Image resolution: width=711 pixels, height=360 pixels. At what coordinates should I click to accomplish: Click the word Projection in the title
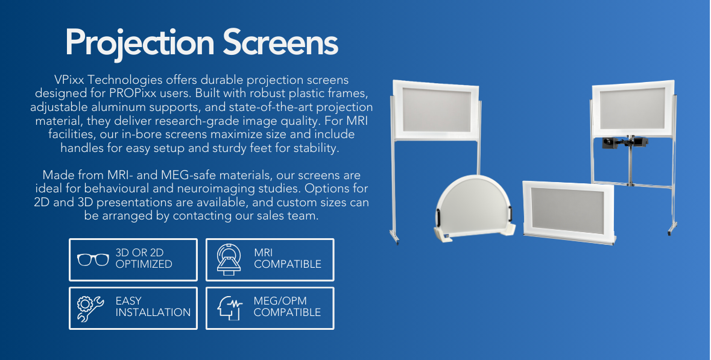tap(140, 43)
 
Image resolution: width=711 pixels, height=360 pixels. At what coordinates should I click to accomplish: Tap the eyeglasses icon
tap(93, 259)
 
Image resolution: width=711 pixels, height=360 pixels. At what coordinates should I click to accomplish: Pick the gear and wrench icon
tap(92, 308)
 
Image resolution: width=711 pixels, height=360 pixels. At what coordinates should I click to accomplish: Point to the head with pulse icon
tap(230, 308)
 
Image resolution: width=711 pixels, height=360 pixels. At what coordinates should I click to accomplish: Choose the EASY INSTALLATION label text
tap(153, 307)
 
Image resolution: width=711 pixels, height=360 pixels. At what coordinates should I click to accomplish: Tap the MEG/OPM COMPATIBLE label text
tap(287, 307)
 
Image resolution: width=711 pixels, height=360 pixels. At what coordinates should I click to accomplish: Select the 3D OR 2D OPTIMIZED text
tap(144, 259)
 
